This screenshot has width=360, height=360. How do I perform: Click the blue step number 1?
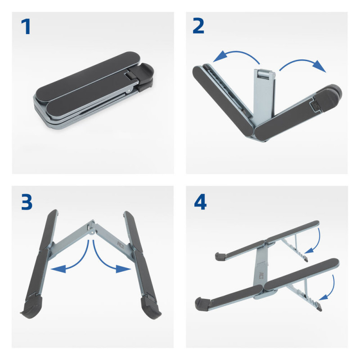click(x=26, y=27)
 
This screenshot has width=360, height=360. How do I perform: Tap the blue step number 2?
click(x=198, y=26)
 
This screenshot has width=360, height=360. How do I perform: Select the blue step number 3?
click(x=27, y=202)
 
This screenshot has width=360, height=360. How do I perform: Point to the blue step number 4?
click(x=200, y=202)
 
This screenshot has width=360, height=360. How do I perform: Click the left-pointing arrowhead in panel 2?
click(x=219, y=57)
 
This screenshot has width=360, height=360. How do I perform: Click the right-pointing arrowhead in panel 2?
click(x=320, y=67)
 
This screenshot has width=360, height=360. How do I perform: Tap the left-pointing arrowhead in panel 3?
click(x=58, y=269)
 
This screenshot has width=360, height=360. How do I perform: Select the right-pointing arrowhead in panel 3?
click(x=123, y=269)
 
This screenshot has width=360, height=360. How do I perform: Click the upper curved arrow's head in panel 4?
click(x=309, y=250)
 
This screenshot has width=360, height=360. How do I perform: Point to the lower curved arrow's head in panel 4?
click(x=323, y=297)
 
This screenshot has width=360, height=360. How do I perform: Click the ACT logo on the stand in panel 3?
click(x=120, y=245)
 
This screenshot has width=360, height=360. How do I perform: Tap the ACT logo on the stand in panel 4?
click(x=261, y=275)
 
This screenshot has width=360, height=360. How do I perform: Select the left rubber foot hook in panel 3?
click(x=32, y=306)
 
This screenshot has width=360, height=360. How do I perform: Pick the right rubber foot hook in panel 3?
click(x=151, y=307)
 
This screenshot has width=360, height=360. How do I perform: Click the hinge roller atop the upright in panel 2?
click(x=265, y=74)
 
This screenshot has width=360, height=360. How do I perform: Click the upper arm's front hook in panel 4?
click(x=220, y=256)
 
